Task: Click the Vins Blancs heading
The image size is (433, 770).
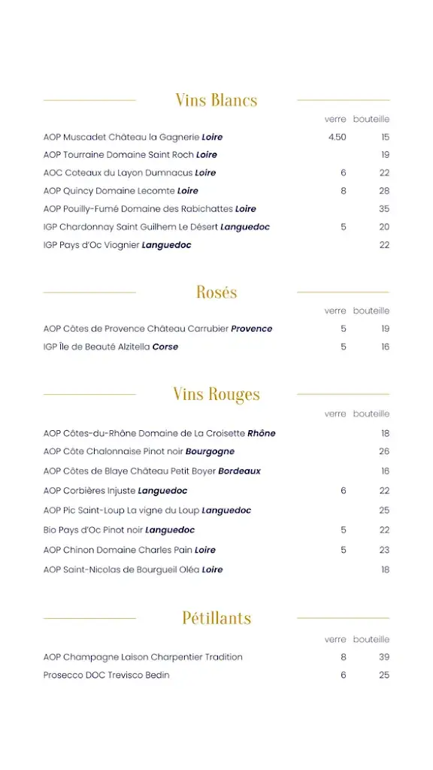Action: (x=216, y=100)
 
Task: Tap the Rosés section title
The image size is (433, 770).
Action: (x=216, y=292)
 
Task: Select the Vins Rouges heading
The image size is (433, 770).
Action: (x=216, y=394)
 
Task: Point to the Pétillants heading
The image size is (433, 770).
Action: (x=216, y=618)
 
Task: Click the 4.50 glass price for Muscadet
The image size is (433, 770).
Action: (x=338, y=137)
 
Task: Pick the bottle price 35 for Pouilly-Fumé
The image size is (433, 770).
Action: (x=384, y=209)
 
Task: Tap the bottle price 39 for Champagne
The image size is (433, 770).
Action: (x=384, y=657)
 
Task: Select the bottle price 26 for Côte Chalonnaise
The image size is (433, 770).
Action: (x=384, y=452)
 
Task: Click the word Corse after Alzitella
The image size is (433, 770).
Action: (x=165, y=347)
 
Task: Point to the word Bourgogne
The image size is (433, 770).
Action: (x=210, y=452)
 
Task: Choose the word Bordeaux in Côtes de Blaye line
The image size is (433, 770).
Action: (x=240, y=471)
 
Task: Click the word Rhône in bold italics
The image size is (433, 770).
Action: (x=262, y=433)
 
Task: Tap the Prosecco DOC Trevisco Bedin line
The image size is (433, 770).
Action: (x=107, y=675)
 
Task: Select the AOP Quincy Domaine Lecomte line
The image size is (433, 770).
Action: (x=121, y=191)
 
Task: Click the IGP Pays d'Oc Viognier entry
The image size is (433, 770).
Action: (x=117, y=245)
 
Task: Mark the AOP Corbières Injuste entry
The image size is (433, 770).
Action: (x=116, y=491)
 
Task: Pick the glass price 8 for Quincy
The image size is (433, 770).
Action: (x=344, y=191)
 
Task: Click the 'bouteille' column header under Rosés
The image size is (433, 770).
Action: (x=371, y=311)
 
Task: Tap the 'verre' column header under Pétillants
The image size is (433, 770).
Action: (x=335, y=639)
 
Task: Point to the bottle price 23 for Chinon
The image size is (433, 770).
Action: (x=384, y=550)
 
